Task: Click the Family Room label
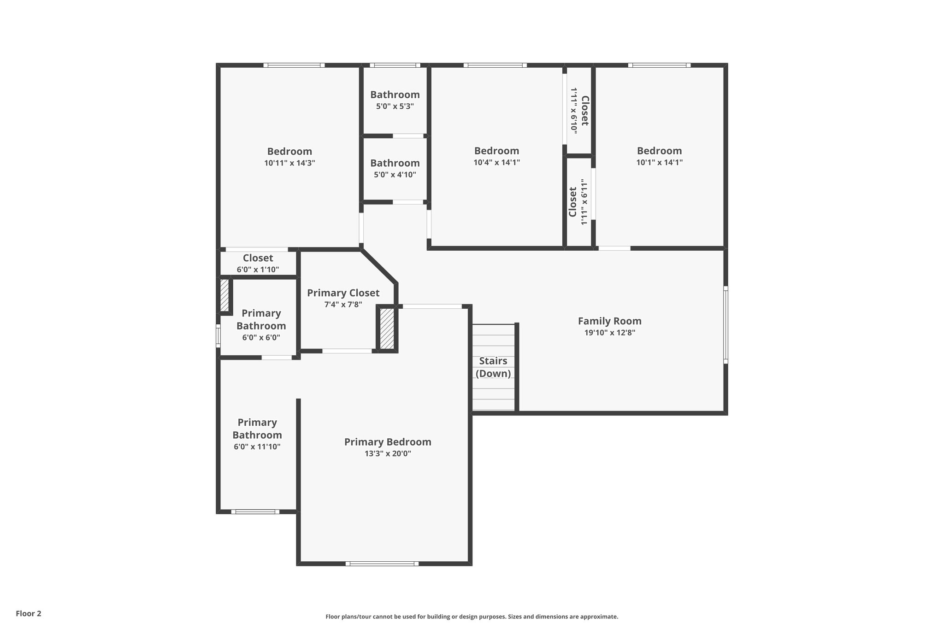609,321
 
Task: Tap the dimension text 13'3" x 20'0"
388,453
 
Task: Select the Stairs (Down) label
493,367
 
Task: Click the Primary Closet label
343,293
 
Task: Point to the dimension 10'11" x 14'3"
289,163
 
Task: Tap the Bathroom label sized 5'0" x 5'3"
395,95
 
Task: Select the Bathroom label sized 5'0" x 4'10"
395,163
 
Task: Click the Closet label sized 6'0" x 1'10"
258,258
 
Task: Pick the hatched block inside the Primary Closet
387,329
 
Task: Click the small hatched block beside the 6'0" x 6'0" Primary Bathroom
224,295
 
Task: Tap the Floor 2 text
29,613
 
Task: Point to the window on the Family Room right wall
725,324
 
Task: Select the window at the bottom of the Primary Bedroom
382,563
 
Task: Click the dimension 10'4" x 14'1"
496,163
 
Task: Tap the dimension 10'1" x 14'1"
659,163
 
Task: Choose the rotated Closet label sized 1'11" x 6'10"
584,111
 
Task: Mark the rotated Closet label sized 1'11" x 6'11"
573,202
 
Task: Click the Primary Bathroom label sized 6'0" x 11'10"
257,429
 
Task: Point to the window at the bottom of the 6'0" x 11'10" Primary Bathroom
255,511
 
